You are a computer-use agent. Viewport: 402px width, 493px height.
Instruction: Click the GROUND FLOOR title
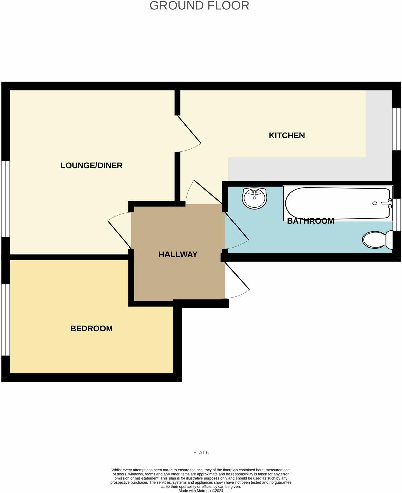[199, 6]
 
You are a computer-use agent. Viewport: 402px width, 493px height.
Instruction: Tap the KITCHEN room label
[287, 135]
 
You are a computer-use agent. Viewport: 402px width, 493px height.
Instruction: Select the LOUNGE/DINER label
[91, 165]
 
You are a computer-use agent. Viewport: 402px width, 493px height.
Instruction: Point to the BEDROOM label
[91, 328]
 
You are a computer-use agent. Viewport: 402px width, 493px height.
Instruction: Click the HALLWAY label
[178, 254]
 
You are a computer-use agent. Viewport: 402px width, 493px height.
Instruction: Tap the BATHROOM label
[311, 221]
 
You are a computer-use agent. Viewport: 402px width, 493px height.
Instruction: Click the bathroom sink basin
[255, 199]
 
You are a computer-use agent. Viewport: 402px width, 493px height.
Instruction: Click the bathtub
[335, 203]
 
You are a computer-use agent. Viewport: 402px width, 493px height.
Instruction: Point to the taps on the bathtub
[389, 203]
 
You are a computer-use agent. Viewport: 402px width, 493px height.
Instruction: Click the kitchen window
[397, 129]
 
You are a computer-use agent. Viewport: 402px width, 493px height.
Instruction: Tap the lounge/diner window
[6, 199]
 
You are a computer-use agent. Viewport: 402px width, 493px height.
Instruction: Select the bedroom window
[6, 320]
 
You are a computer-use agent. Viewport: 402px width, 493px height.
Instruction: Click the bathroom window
[397, 215]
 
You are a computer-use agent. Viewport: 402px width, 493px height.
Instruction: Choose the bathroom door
[236, 226]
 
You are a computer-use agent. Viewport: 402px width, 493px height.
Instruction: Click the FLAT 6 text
[201, 453]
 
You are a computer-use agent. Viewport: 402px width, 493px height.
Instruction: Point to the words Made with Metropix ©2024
[201, 491]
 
